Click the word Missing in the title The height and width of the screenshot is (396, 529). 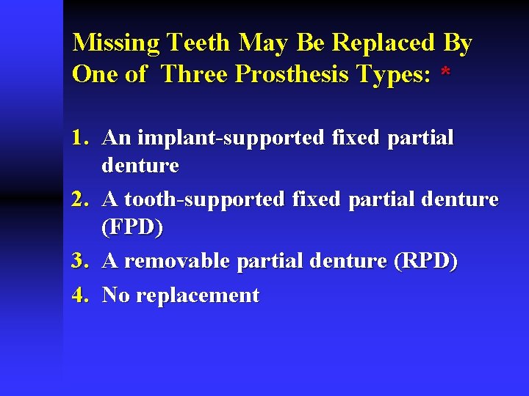(117, 43)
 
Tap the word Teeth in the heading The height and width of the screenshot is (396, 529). (200, 43)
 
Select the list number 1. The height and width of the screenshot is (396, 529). (80, 138)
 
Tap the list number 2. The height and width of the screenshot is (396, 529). (80, 199)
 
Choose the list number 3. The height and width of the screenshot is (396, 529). (80, 261)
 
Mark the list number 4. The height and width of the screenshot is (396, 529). (80, 296)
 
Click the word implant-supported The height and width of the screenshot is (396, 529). (220, 138)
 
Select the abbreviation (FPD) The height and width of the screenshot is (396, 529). (132, 228)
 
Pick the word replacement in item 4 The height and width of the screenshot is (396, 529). (198, 296)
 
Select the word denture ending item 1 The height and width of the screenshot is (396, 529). (140, 166)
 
